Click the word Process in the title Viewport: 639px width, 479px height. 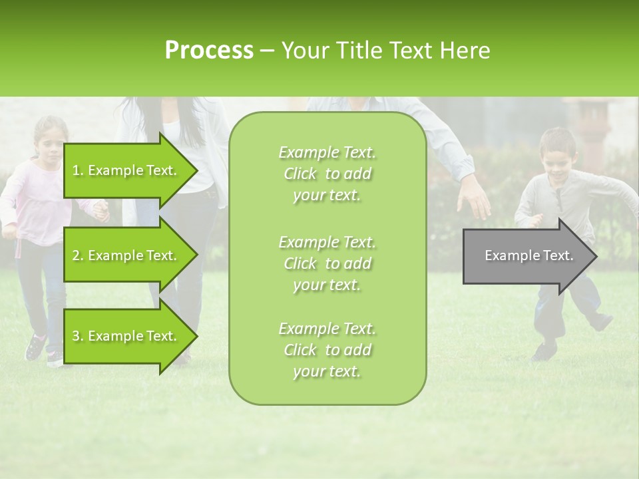pyautogui.click(x=209, y=51)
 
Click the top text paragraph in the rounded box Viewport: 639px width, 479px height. pyautogui.click(x=327, y=174)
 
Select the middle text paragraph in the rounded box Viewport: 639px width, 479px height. pyautogui.click(x=327, y=263)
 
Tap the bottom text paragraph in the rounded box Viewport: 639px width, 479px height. pyautogui.click(x=327, y=350)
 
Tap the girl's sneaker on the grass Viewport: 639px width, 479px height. pyautogui.click(x=35, y=347)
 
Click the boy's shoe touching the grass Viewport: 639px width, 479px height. pyautogui.click(x=544, y=351)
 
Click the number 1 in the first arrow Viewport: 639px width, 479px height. pyautogui.click(x=76, y=170)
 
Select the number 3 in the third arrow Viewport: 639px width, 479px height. pyautogui.click(x=76, y=336)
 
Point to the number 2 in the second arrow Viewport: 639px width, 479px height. pyautogui.click(x=76, y=255)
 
